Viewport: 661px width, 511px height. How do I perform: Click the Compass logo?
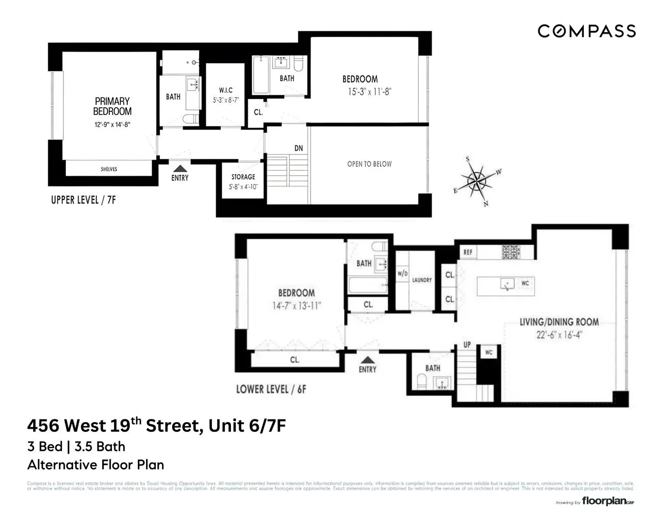click(586, 31)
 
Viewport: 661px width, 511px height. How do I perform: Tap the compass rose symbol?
click(477, 181)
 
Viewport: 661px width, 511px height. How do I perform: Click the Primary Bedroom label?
click(112, 106)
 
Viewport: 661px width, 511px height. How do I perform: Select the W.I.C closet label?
click(225, 90)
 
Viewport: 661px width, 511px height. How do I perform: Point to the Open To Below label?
click(369, 164)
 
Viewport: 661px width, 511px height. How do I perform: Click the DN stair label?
click(299, 148)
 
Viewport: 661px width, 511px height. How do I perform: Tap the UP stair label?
click(467, 345)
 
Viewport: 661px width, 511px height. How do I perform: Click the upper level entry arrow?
click(179, 168)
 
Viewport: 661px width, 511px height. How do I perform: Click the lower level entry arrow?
click(367, 360)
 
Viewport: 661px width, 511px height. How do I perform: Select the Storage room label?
click(243, 177)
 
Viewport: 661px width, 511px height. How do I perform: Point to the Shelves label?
click(109, 169)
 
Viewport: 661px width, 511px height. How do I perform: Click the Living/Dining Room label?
click(559, 322)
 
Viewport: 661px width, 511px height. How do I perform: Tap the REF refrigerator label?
click(468, 252)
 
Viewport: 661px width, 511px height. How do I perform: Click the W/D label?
click(403, 274)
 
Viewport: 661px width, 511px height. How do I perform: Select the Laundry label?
click(422, 280)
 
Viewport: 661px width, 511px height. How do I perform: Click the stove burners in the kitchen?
click(509, 251)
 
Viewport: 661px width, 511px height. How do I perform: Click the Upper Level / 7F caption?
click(83, 200)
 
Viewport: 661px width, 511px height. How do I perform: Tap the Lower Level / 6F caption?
click(271, 389)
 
